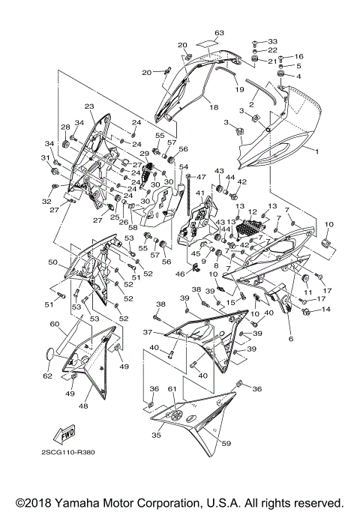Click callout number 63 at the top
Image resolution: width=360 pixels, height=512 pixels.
(x=219, y=33)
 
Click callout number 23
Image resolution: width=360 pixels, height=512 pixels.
(x=88, y=106)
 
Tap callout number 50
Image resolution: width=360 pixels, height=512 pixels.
(x=52, y=262)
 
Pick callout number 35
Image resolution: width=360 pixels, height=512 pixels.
(x=156, y=434)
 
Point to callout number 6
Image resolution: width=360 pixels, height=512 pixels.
(x=290, y=339)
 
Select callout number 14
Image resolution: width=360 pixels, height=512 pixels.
(x=325, y=309)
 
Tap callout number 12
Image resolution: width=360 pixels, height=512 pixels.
(x=253, y=212)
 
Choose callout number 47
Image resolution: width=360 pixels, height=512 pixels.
(x=200, y=176)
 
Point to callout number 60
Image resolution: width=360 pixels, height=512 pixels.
(x=54, y=324)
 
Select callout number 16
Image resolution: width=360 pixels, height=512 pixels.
(x=298, y=56)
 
